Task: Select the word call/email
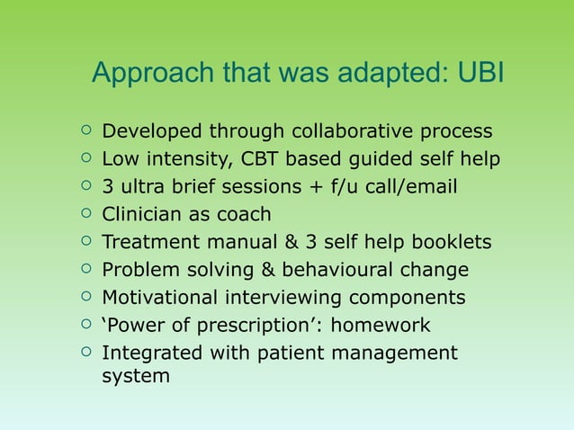point(413,188)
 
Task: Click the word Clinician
point(145,216)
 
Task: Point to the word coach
point(242,216)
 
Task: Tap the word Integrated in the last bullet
point(152,353)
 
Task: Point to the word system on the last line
point(136,376)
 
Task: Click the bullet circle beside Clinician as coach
point(85,215)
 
